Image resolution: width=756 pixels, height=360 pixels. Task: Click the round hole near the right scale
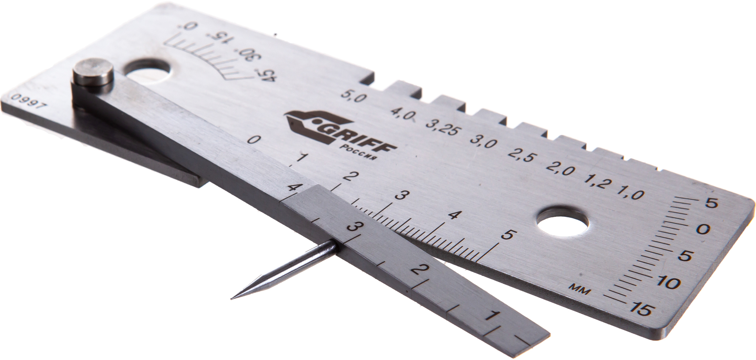562,223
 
